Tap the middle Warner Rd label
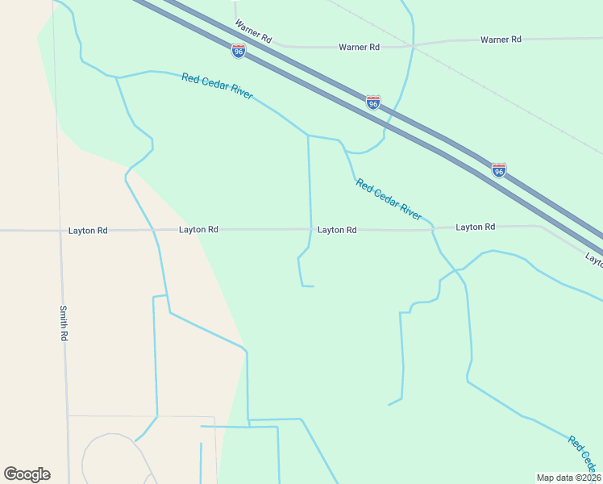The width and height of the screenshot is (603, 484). click(359, 48)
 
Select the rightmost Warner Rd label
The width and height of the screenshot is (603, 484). click(501, 40)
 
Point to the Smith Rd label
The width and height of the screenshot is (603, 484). click(64, 322)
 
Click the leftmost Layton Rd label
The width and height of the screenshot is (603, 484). click(88, 231)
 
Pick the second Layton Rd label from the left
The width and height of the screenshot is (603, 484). click(198, 230)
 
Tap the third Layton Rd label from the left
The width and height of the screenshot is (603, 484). click(337, 230)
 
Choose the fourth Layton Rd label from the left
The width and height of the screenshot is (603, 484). click(475, 227)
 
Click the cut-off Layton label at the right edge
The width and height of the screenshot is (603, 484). click(594, 260)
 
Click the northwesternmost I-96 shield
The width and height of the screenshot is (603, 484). click(239, 51)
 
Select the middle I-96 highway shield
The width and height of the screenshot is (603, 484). click(372, 102)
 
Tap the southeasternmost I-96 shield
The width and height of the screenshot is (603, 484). click(499, 170)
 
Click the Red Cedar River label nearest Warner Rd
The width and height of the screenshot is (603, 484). click(217, 87)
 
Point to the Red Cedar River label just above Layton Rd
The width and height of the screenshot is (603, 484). click(389, 199)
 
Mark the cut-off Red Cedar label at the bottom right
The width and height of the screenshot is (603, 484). click(584, 454)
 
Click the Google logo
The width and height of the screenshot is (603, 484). click(27, 474)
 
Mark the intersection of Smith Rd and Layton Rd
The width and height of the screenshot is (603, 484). click(61, 231)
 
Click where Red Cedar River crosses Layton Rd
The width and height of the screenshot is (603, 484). click(434, 229)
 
